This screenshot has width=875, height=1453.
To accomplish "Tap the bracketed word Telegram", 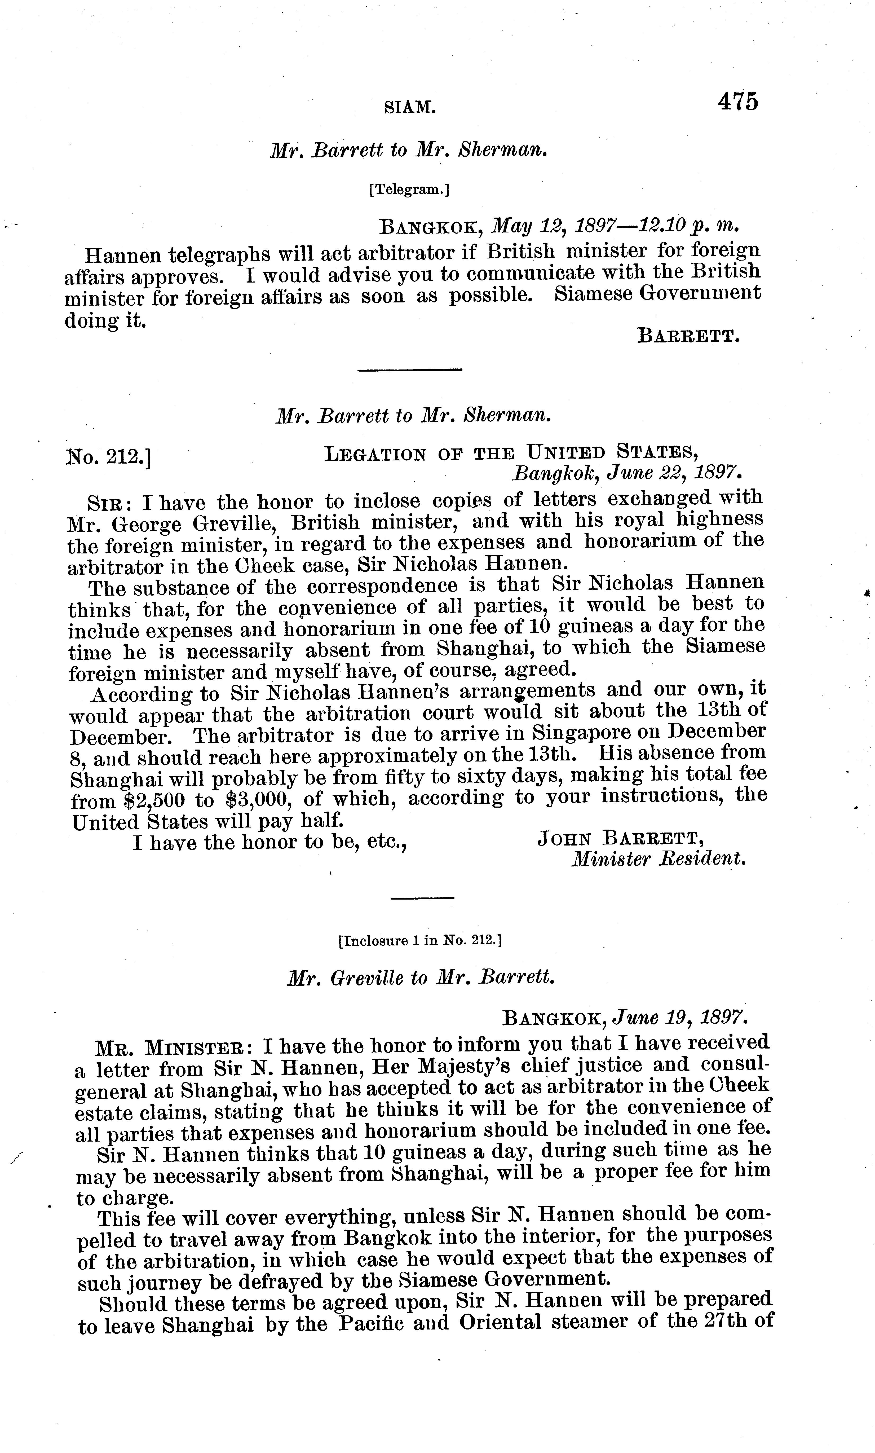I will tap(410, 189).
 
